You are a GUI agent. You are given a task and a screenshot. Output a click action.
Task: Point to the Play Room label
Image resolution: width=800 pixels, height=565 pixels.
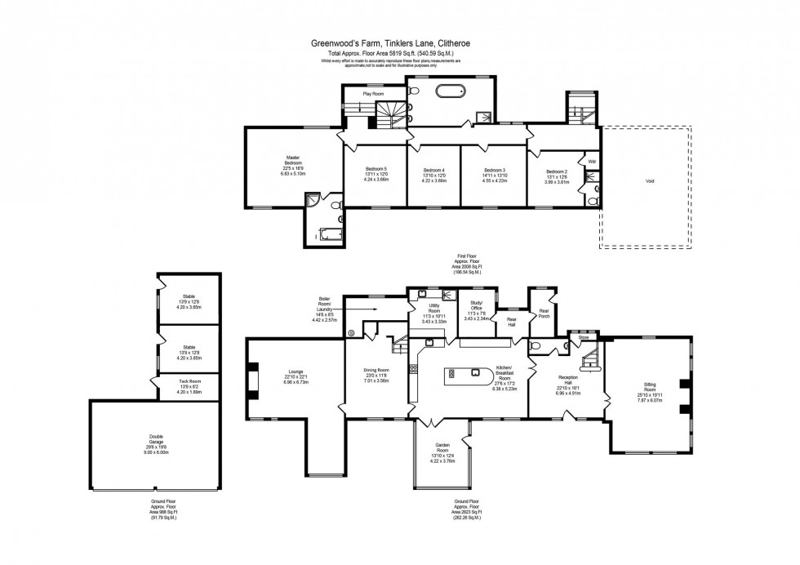373,94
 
